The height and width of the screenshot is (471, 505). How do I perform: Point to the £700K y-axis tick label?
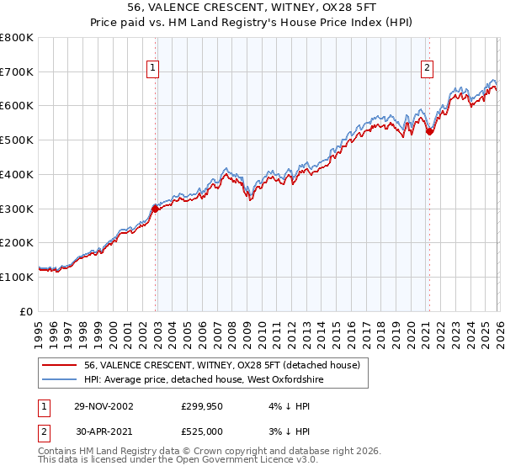16,72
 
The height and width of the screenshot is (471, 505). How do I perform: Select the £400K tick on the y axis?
16,175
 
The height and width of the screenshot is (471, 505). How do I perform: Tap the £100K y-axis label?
16,277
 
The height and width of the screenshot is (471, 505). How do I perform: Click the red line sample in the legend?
60,365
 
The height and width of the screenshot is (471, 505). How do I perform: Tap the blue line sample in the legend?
60,379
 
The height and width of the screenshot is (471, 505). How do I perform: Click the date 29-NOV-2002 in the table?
104,405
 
